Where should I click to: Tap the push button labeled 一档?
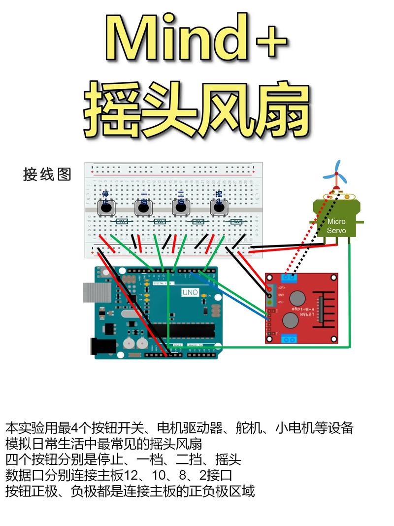[143, 208]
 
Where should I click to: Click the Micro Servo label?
[337, 226]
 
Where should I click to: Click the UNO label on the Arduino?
[190, 292]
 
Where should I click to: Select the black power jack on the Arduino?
[103, 346]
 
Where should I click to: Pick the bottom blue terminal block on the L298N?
[289, 338]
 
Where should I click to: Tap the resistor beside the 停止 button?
[121, 222]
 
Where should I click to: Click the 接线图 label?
[47, 174]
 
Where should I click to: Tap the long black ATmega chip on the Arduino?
[181, 330]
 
